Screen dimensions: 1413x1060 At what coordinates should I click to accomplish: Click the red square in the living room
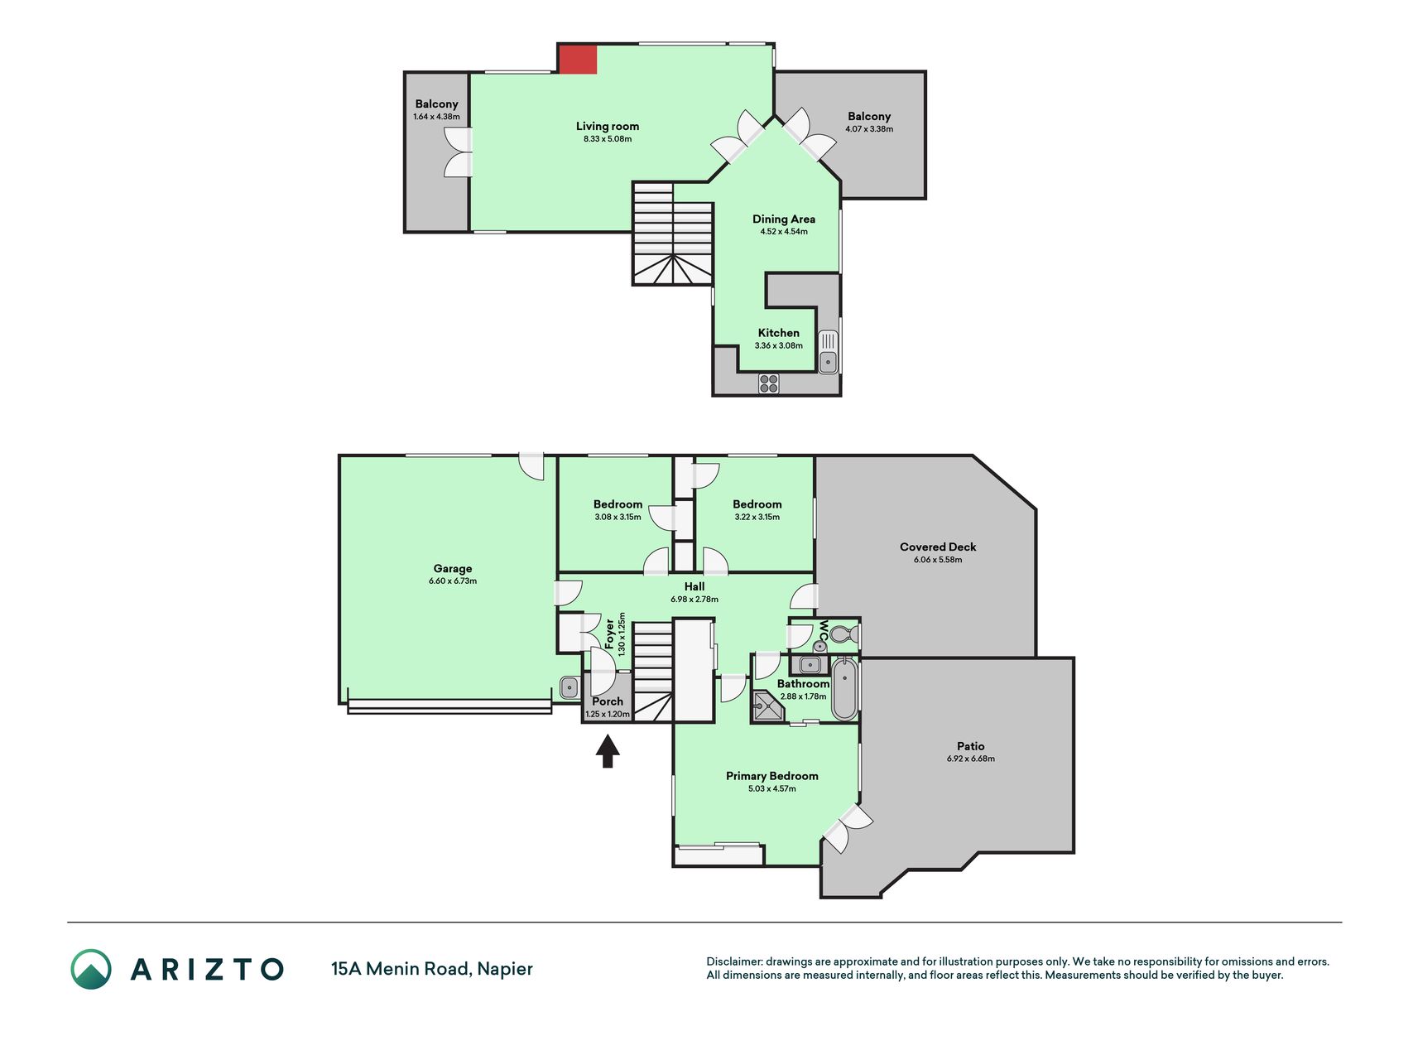pos(578,60)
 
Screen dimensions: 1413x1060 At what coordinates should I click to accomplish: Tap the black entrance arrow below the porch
pos(608,752)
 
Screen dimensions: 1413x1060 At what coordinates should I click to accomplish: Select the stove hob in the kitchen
pos(769,383)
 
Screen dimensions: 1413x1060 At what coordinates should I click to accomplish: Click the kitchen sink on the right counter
pos(828,352)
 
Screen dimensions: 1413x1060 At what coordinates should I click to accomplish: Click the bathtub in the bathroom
pos(844,689)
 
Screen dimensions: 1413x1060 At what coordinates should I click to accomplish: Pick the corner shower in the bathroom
pos(767,706)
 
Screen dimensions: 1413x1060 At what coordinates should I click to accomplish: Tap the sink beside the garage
pos(570,687)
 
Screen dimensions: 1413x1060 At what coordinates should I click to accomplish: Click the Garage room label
pos(453,569)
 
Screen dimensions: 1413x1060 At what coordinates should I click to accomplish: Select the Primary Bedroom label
pos(772,776)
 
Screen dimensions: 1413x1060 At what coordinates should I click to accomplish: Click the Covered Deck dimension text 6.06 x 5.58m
pos(938,560)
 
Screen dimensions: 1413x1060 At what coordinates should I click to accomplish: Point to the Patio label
pos(971,746)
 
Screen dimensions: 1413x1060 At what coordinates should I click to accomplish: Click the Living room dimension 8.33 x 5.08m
pos(608,139)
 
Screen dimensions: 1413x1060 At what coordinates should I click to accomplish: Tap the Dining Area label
pos(784,219)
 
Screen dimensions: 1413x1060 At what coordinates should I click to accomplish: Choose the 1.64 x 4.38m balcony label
pos(436,117)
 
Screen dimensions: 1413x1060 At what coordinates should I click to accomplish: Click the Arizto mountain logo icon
pos(91,969)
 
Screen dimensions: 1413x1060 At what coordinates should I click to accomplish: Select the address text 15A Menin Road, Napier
pos(432,969)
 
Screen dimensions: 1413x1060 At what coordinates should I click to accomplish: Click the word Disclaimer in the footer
pos(734,961)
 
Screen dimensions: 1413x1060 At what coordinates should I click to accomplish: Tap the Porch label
pos(608,701)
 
